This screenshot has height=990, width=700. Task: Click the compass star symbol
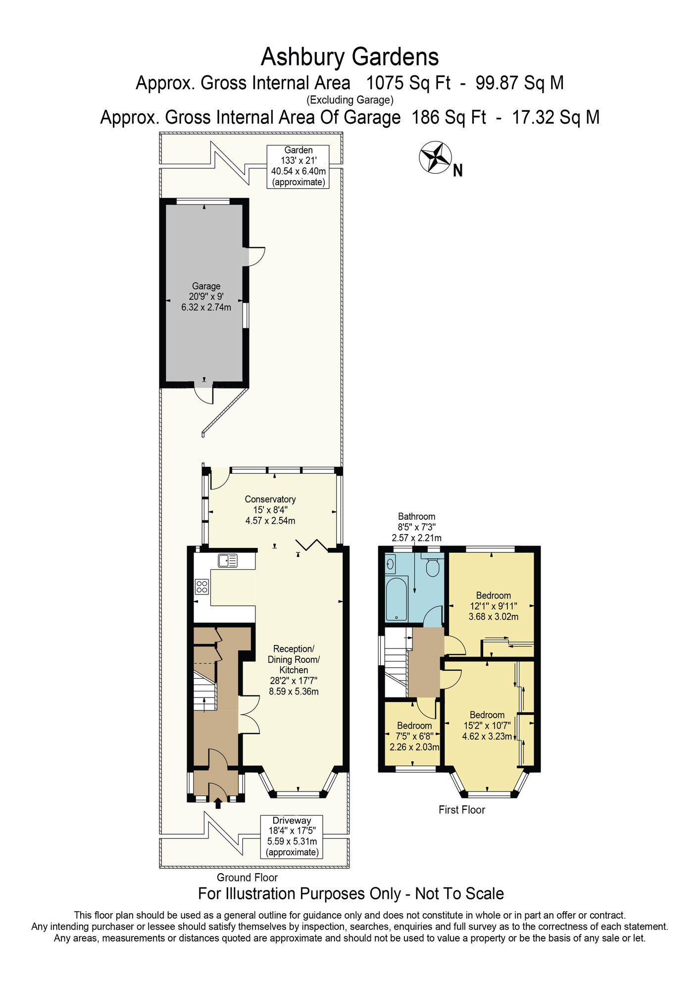click(435, 157)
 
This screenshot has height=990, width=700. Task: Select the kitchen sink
click(228, 560)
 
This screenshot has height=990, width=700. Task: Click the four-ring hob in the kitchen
click(202, 587)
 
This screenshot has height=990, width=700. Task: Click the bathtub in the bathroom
click(397, 598)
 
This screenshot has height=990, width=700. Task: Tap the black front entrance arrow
click(218, 803)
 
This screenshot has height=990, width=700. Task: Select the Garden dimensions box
click(298, 166)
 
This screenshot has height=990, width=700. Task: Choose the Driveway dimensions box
click(292, 836)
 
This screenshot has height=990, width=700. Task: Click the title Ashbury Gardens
click(350, 57)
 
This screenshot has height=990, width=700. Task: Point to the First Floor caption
click(462, 810)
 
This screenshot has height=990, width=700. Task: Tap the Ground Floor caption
click(247, 878)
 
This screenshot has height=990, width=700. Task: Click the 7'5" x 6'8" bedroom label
click(414, 736)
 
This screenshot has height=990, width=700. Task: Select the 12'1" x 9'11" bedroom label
click(494, 606)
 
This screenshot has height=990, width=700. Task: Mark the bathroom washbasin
click(391, 563)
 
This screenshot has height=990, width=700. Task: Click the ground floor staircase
click(205, 691)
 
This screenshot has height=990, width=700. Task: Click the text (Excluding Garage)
click(350, 100)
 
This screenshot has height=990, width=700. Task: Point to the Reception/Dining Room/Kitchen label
click(294, 670)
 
